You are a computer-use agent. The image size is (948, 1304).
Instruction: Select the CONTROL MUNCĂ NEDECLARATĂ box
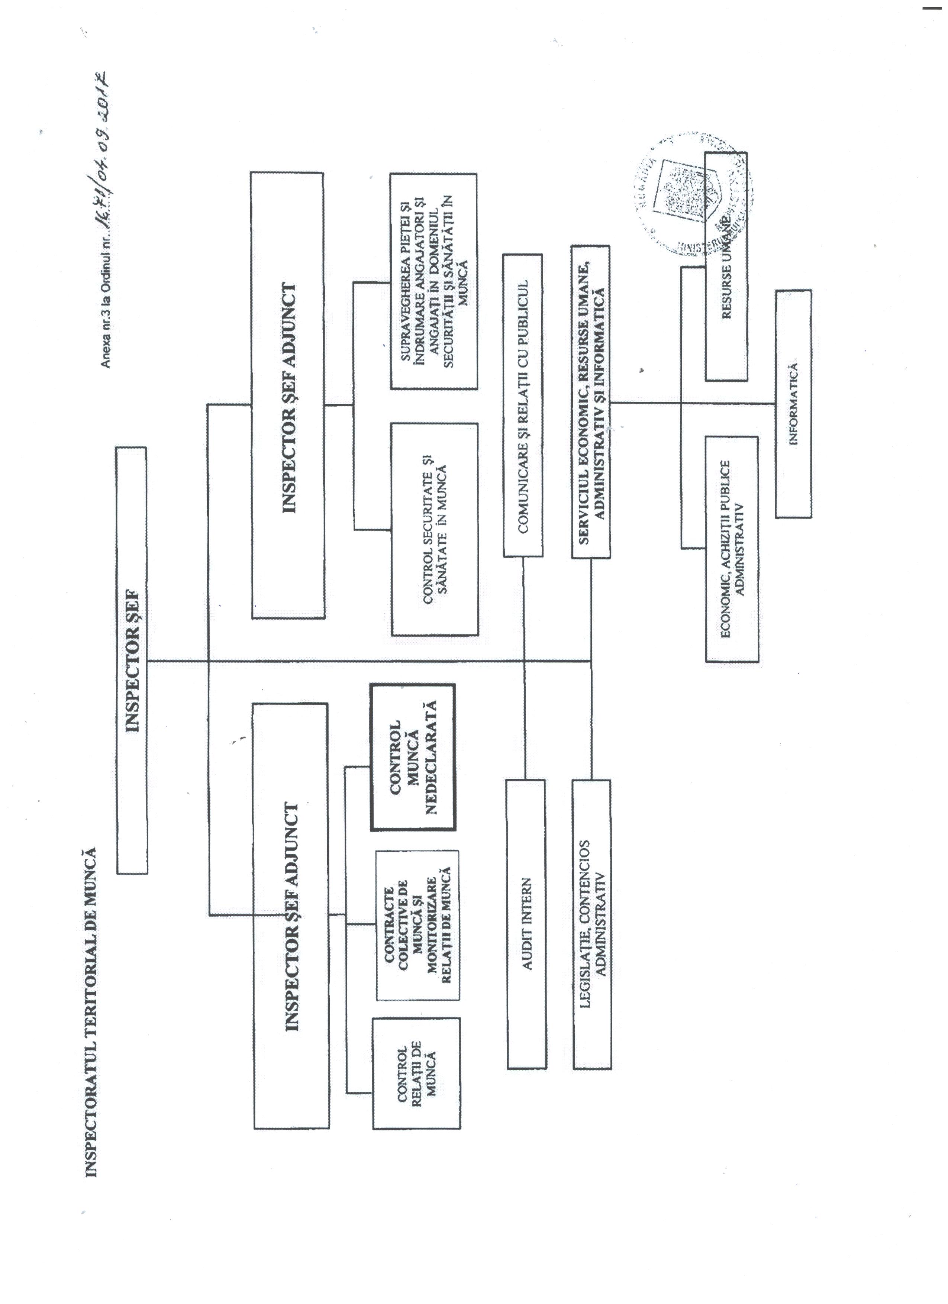point(413,757)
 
